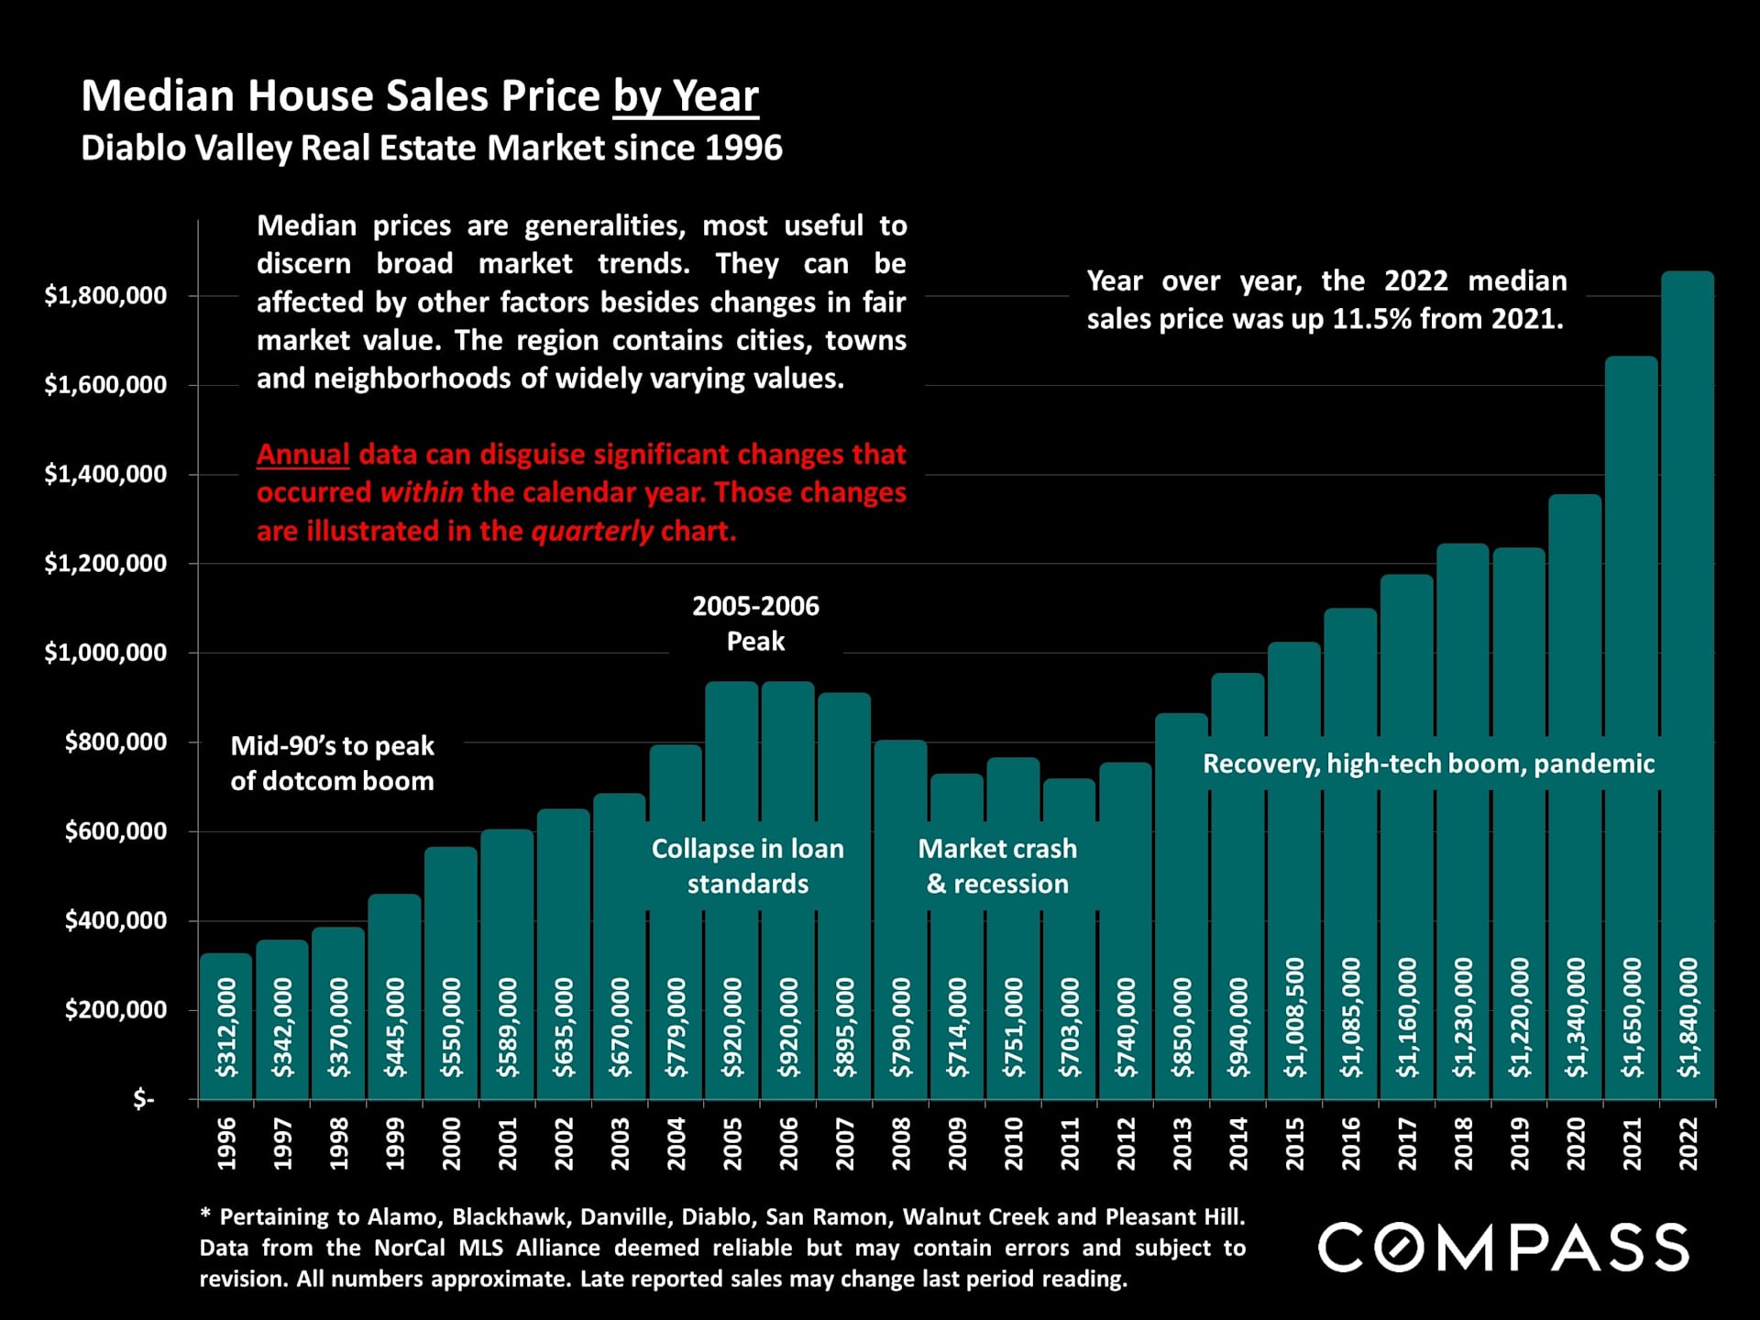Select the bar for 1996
(x=225, y=1027)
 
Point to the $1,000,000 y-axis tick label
(x=105, y=653)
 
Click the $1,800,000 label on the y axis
(x=105, y=295)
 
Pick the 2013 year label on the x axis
(x=1182, y=1143)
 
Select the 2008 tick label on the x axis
(x=901, y=1143)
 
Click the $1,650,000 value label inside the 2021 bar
(x=1632, y=1017)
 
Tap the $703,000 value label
(x=1070, y=1027)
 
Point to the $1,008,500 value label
(x=1294, y=1017)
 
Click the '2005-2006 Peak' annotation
(x=755, y=623)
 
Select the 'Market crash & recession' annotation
(x=997, y=866)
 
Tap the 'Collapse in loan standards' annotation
(x=747, y=866)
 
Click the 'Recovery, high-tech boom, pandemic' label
(x=1428, y=764)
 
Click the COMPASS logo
(x=1503, y=1247)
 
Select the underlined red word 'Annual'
(x=302, y=455)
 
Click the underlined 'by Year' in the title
(x=686, y=96)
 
